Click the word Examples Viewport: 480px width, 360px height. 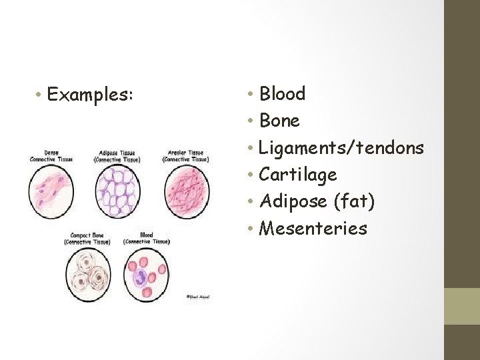[91, 95]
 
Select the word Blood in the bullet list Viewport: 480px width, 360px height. [282, 94]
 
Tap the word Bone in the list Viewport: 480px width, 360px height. [279, 121]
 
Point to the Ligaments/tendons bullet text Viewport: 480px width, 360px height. [341, 148]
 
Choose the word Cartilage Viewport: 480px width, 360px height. [297, 175]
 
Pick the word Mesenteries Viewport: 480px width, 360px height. [313, 229]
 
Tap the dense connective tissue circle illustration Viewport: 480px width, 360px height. [52, 191]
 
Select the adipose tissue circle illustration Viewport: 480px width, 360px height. [119, 191]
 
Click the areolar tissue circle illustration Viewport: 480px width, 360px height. [187, 191]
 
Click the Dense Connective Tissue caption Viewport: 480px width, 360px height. [51, 156]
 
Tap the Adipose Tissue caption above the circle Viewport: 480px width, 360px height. [117, 156]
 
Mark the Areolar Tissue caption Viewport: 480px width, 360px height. [186, 156]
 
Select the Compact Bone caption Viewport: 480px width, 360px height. [87, 238]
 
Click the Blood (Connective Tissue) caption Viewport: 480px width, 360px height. [146, 238]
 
